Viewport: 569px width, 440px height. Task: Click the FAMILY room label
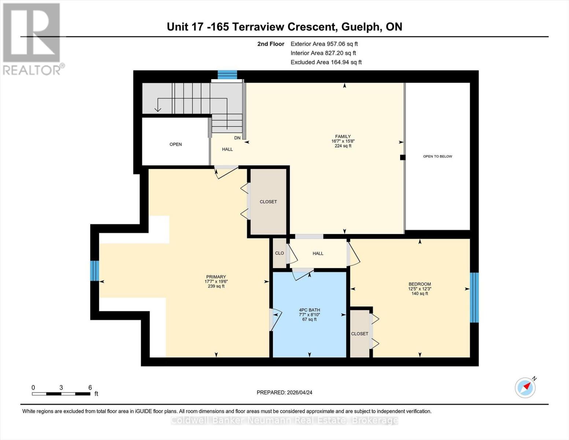click(x=343, y=141)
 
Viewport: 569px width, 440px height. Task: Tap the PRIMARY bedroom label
click(x=216, y=281)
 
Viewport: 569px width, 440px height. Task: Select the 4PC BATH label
click(x=309, y=314)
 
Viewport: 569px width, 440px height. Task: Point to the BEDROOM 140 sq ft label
click(x=420, y=289)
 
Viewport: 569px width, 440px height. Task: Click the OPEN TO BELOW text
click(x=437, y=157)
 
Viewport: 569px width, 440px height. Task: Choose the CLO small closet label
click(x=280, y=253)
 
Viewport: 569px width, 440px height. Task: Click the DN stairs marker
click(x=237, y=138)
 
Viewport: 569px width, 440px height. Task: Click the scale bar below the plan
click(x=61, y=394)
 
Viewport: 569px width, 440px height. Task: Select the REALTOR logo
click(x=32, y=38)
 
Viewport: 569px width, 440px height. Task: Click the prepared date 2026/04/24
click(x=284, y=392)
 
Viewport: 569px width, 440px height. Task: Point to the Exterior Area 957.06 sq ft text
click(x=324, y=44)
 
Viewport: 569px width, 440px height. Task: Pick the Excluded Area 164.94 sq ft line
click(x=326, y=62)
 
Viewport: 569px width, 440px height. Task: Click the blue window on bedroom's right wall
click(x=474, y=297)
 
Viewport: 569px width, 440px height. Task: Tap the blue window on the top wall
click(x=227, y=75)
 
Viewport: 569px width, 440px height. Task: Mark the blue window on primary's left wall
click(x=95, y=271)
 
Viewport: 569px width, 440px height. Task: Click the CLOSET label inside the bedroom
click(x=359, y=334)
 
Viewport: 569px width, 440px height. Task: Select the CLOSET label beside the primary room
click(x=268, y=202)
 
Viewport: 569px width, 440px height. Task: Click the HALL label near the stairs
click(x=227, y=149)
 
